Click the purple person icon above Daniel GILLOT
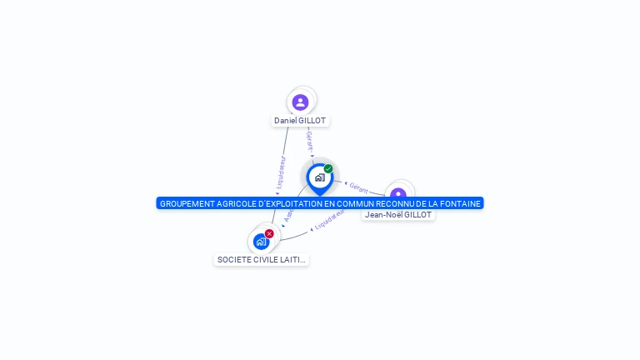(301, 102)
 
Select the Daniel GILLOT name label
(300, 121)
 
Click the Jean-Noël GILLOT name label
(398, 215)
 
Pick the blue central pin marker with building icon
(319, 177)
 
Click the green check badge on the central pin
(328, 169)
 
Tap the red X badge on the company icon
(269, 234)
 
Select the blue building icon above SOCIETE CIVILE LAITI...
(262, 242)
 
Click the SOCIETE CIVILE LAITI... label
(262, 260)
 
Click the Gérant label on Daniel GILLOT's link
(309, 141)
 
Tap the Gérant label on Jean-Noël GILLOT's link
(358, 187)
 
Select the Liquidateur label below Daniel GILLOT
(281, 172)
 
